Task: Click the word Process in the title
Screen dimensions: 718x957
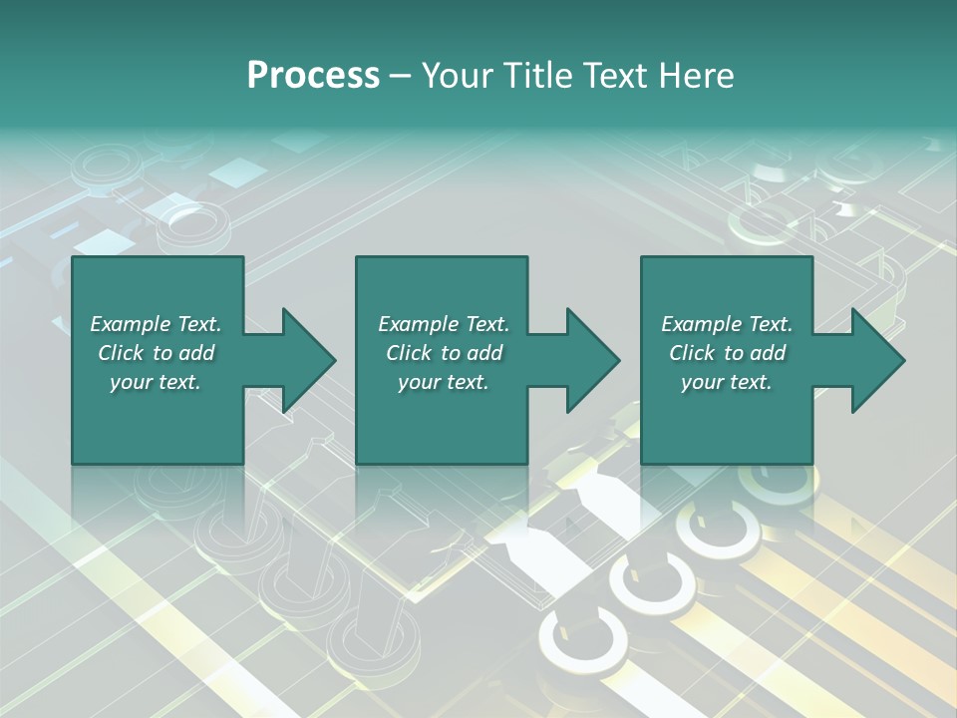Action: point(313,76)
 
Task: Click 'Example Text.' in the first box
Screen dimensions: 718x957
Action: point(156,324)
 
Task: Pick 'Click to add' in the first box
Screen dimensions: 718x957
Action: point(156,353)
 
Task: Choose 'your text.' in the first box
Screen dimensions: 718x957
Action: point(156,382)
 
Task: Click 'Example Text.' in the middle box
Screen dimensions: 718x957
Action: point(443,324)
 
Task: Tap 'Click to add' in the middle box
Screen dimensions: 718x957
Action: point(443,353)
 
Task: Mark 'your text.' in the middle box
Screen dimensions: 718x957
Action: point(443,382)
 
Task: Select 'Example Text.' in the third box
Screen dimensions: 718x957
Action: point(727,324)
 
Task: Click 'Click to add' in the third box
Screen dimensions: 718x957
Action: point(727,353)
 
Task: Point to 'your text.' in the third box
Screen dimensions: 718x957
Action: point(727,382)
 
